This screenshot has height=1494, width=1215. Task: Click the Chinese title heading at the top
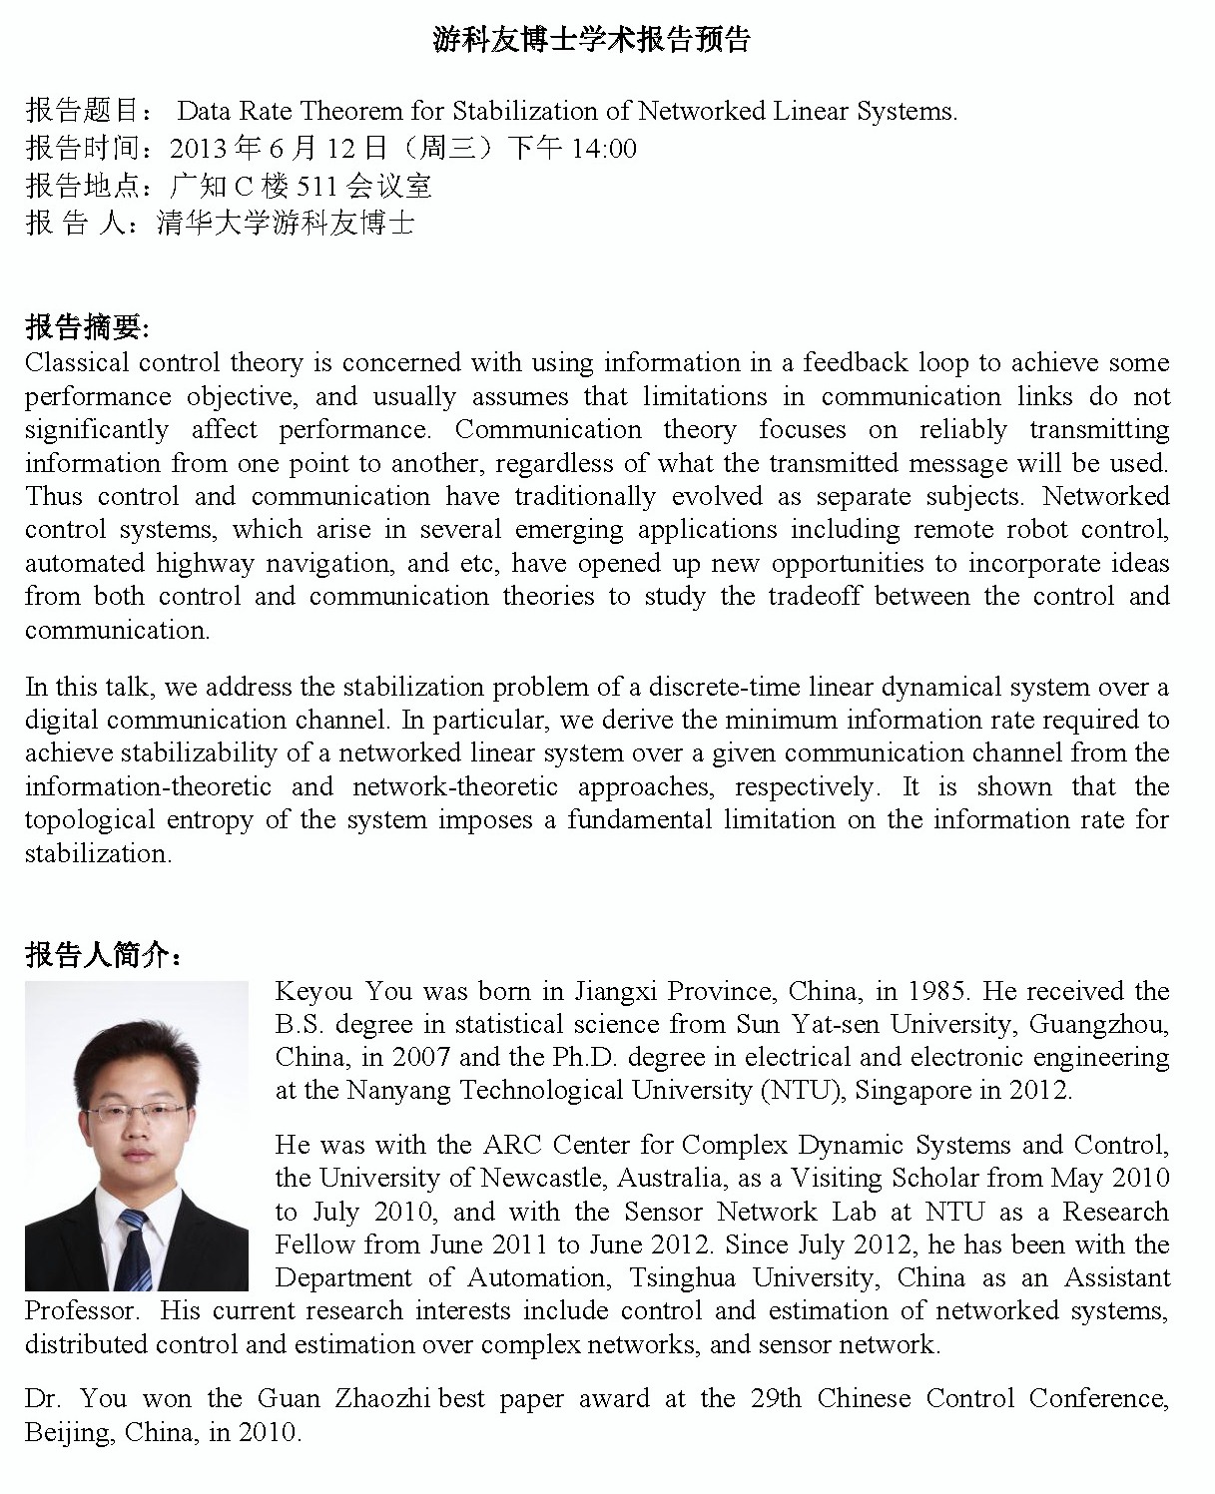(x=591, y=40)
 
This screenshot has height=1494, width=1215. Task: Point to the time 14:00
(x=602, y=149)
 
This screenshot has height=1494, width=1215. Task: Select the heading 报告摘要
(x=86, y=327)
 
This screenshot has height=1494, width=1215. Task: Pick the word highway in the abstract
(x=205, y=563)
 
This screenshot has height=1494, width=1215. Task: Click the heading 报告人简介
(x=102, y=956)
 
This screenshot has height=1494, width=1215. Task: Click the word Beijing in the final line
(x=67, y=1433)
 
